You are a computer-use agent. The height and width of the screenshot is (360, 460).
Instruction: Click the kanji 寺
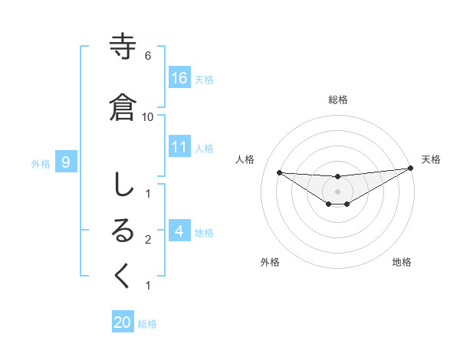(x=123, y=47)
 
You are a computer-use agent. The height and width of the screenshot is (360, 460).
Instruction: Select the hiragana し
(x=123, y=185)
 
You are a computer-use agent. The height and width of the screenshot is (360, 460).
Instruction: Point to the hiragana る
(x=123, y=231)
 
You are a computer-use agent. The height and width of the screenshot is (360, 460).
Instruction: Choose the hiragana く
(x=123, y=277)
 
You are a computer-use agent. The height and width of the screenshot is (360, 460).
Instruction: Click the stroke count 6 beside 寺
(x=147, y=56)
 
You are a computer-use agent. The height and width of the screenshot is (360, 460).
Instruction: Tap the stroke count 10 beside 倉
(x=147, y=117)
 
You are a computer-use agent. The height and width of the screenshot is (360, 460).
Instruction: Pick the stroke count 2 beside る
(x=147, y=240)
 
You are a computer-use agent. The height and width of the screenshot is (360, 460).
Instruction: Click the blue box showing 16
(x=179, y=77)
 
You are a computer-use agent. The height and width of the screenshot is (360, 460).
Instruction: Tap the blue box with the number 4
(x=179, y=231)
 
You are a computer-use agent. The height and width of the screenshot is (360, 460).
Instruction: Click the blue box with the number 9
(x=66, y=162)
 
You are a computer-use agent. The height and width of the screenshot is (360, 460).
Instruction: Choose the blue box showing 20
(x=123, y=322)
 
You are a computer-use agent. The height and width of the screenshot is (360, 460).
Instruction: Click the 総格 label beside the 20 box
(x=148, y=324)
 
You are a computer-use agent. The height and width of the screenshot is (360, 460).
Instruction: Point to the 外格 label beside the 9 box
(x=41, y=163)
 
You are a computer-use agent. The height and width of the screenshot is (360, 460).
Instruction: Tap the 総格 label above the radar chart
(x=337, y=100)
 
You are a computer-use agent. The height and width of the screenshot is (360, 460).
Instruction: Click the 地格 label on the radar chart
(x=402, y=262)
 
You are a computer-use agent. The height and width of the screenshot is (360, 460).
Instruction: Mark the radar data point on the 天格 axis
(x=411, y=169)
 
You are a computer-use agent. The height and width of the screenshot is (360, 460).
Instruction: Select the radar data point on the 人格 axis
(x=279, y=172)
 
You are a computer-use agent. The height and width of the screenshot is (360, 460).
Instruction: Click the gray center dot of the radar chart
(x=337, y=191)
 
